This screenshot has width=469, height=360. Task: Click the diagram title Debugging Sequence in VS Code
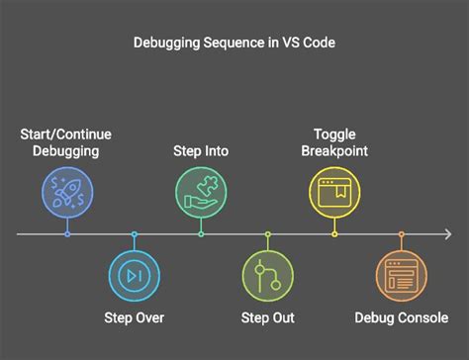pos(234,44)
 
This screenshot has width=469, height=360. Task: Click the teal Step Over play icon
pos(135,275)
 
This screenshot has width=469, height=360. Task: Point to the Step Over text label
pos(135,317)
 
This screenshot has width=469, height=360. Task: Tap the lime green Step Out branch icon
pos(267,275)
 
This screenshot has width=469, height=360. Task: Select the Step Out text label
pos(267,317)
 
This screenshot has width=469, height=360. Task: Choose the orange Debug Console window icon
pos(401,275)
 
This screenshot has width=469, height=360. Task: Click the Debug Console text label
pos(401,317)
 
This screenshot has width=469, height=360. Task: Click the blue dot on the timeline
pos(67,234)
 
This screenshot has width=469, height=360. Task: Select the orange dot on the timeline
pos(401,234)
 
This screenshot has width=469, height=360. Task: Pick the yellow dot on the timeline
pos(334,234)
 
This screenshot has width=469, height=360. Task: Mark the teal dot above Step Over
pos(135,234)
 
